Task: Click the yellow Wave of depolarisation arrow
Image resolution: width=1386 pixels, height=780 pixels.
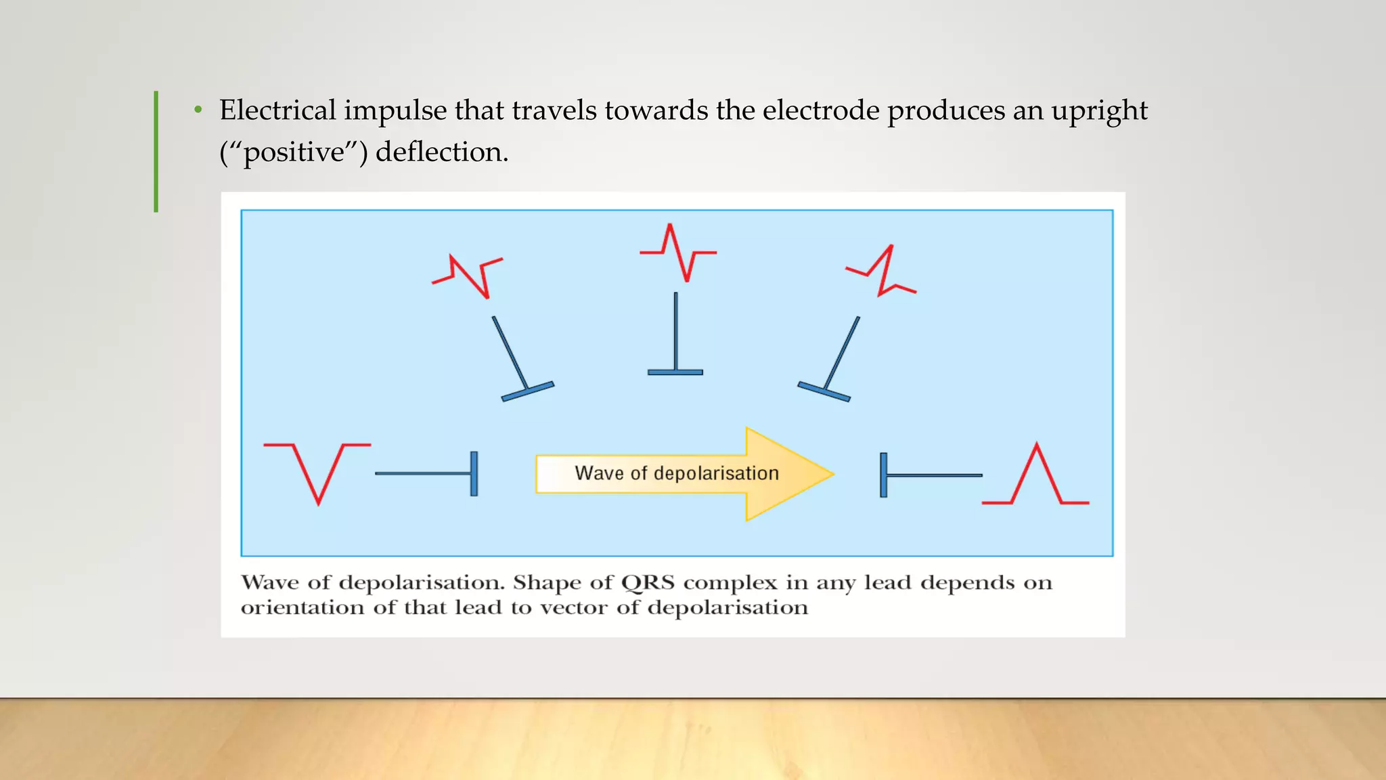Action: [684, 474]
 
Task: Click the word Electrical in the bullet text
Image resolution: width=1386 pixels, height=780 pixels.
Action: [277, 110]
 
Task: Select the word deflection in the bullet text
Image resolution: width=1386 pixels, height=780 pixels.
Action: [441, 152]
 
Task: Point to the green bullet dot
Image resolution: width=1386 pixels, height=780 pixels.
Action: [198, 110]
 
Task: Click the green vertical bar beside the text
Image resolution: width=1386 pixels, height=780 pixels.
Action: [156, 152]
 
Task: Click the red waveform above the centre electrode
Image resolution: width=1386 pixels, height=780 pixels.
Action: [678, 253]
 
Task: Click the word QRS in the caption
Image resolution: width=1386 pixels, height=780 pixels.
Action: [648, 583]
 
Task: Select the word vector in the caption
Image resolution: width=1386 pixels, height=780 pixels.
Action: [573, 608]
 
